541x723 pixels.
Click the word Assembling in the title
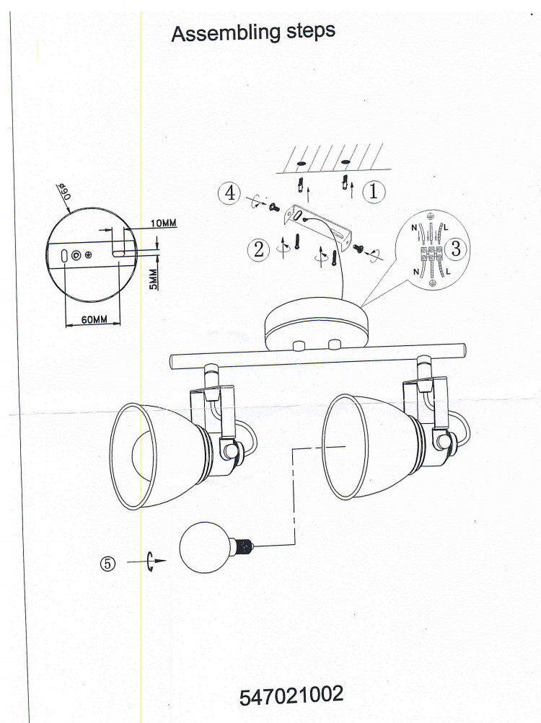226,33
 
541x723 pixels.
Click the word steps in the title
311,31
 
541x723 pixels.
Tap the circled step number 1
374,191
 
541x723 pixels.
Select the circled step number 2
258,249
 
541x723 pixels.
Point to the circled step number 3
456,248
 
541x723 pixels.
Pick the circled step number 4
229,192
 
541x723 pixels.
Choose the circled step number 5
107,564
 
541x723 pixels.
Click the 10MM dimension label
163,223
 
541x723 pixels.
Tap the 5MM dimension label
154,279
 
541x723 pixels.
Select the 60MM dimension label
94,319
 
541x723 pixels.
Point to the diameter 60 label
65,190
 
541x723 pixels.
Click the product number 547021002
291,696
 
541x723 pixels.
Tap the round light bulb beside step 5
204,549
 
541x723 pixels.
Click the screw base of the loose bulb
243,546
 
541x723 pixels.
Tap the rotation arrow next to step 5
149,561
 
